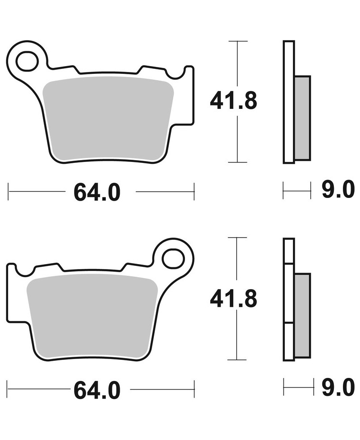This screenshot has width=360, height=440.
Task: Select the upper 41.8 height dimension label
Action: click(233, 101)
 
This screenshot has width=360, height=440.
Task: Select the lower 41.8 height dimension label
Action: click(233, 298)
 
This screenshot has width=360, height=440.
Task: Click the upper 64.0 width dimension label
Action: click(97, 193)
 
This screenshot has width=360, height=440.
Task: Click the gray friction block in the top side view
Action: click(302, 118)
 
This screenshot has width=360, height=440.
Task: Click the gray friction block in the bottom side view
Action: click(302, 315)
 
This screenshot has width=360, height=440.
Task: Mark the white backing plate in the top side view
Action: click(288, 102)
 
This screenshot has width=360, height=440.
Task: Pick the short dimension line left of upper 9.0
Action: click(297, 191)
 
